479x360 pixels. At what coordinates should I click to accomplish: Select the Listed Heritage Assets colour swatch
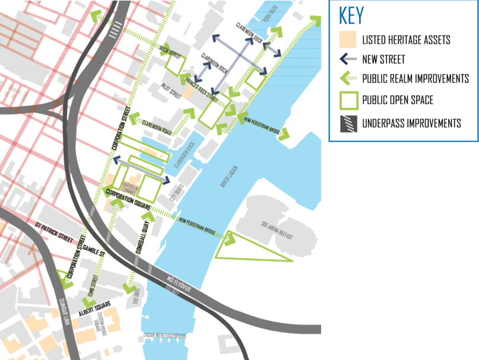click(347, 40)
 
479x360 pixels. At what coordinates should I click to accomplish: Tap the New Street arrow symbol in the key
click(348, 59)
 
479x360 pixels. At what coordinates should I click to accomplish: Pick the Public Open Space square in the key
click(348, 100)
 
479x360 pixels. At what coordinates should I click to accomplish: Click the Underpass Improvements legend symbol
click(348, 123)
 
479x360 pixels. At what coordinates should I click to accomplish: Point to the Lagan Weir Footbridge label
click(165, 336)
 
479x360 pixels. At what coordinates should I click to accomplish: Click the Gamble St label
click(94, 251)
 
